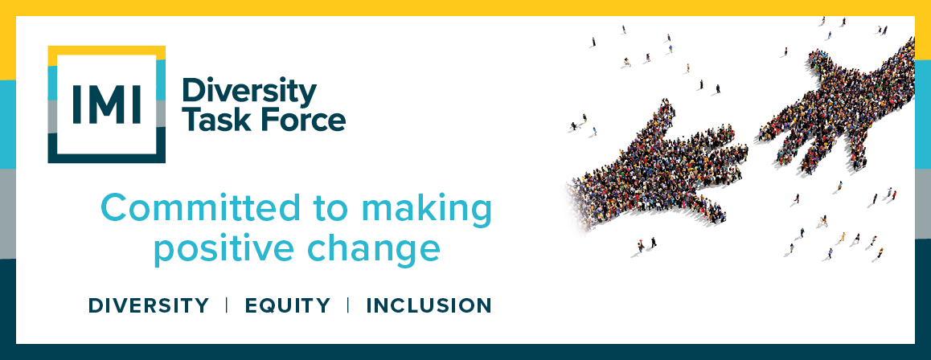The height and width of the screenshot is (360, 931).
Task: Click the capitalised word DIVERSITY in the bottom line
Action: tap(149, 305)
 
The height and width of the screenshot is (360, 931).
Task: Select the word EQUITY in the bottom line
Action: tap(287, 305)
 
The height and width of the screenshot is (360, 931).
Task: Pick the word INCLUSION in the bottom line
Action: tap(429, 305)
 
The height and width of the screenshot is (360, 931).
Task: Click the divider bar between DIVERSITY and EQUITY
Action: tap(227, 305)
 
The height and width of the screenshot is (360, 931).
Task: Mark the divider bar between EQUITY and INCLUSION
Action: tap(348, 305)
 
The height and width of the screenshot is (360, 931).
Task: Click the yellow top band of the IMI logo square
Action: tap(106, 51)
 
